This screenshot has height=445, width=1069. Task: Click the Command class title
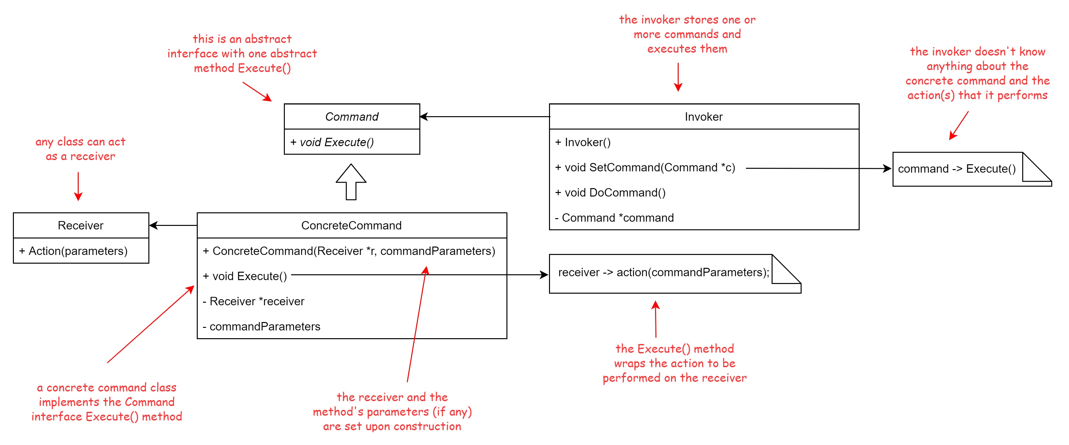[x=352, y=116]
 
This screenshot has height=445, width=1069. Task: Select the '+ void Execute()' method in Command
[x=332, y=142]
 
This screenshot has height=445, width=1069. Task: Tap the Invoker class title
[x=704, y=116]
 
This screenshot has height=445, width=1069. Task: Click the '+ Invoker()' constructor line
[x=583, y=142]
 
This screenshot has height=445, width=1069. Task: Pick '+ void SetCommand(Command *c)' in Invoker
[x=645, y=168]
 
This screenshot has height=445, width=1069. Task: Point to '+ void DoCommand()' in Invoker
[x=610, y=193]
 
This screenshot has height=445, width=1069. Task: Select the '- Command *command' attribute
[x=614, y=218]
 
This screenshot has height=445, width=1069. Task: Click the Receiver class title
[x=81, y=226]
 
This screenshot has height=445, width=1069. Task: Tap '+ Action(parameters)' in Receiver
[x=73, y=251]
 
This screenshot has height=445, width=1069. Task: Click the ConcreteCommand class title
[x=352, y=226]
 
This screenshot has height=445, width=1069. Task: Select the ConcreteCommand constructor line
[x=349, y=251]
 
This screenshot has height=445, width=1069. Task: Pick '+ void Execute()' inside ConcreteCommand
[x=245, y=277]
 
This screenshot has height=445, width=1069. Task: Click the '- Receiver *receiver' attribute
[x=254, y=301]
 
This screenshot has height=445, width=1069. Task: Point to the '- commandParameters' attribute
[x=261, y=327]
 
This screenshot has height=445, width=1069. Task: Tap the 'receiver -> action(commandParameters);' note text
[x=664, y=272]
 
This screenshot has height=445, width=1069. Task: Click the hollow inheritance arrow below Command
[x=351, y=182]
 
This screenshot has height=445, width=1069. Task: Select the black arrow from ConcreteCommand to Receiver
[x=173, y=226]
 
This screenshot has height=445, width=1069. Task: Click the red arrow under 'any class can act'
[x=78, y=187]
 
